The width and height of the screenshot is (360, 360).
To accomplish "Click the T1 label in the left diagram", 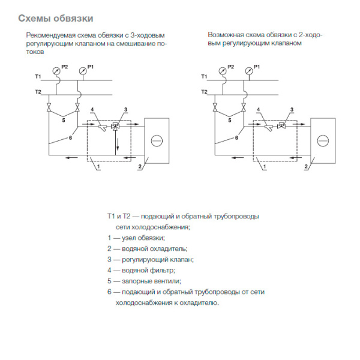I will coord(38,77).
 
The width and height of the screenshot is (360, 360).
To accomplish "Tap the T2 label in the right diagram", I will coord(204,91).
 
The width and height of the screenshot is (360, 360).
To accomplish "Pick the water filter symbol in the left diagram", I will coord(103,127).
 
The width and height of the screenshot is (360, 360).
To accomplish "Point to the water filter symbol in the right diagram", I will coord(268,127).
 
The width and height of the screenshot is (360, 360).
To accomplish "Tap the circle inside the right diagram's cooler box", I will coord(322,142).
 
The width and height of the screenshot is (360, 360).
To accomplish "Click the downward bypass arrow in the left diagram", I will coord(118,146).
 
